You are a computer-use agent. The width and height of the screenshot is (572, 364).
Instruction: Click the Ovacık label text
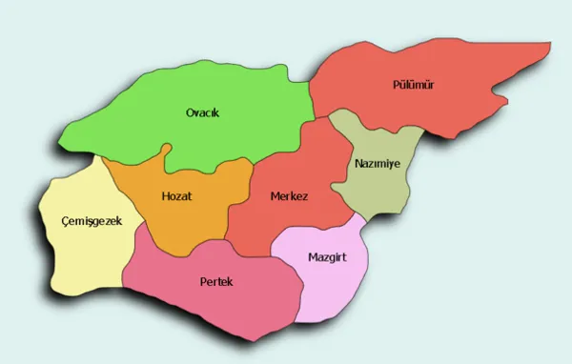202,113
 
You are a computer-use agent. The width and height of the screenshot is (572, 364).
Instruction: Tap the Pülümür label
414,85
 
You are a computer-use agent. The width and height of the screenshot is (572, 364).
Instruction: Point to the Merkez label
289,196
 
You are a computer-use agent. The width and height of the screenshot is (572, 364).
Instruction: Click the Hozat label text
178,196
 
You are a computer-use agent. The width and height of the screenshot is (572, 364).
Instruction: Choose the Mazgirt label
328,257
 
